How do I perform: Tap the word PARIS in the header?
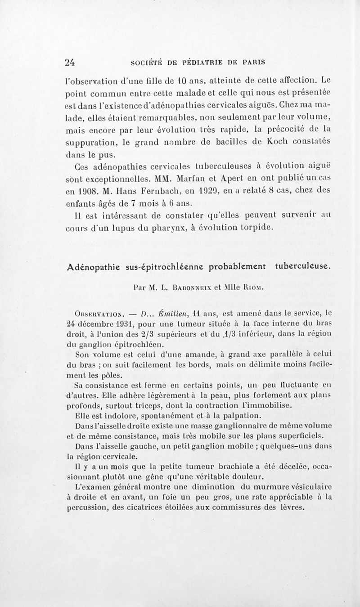[252, 62]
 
